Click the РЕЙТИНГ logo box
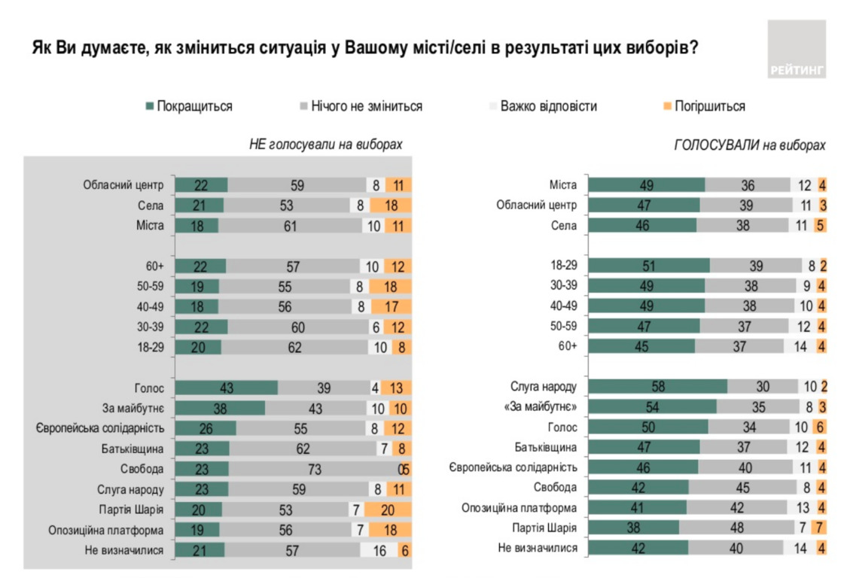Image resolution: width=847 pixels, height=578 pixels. click(797, 50)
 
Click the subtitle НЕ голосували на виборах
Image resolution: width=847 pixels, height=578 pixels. click(326, 144)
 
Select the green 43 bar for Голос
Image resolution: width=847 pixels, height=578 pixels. click(227, 388)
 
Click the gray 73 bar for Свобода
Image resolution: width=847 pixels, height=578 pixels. click(315, 468)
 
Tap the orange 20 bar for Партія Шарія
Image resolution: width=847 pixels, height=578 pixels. click(400, 508)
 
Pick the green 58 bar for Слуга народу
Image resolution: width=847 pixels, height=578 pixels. click(657, 387)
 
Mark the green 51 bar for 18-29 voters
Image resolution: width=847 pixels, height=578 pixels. click(649, 265)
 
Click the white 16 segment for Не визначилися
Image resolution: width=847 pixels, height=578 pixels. click(380, 550)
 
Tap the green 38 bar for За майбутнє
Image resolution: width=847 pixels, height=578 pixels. click(220, 408)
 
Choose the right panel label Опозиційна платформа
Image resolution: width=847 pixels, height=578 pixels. click(519, 507)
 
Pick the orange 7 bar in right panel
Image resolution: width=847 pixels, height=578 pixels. click(823, 528)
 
